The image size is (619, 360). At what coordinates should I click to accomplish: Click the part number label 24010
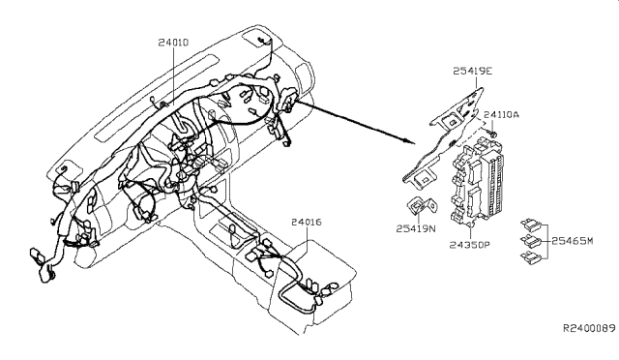(x=173, y=43)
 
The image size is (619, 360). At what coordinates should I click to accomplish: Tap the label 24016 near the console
(x=307, y=222)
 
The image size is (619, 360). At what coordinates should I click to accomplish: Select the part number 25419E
(x=473, y=72)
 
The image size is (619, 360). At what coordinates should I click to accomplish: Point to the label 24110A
(x=501, y=114)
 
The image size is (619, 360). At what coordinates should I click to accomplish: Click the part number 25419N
(x=416, y=228)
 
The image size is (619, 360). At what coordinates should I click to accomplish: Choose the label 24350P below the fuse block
(x=469, y=245)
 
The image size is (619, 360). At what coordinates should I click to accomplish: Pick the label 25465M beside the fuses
(x=572, y=241)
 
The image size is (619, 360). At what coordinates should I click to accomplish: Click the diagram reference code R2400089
(x=589, y=328)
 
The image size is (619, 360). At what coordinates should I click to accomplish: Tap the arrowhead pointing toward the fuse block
(x=410, y=140)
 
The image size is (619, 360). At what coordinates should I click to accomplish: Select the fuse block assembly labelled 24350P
(x=478, y=183)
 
